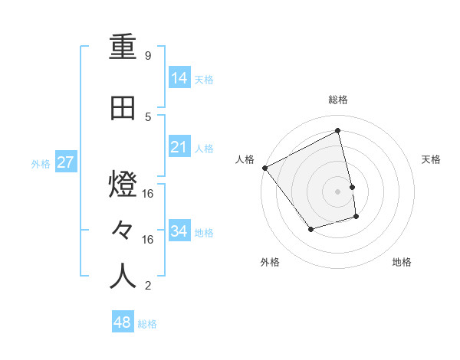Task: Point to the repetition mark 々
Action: pyautogui.click(x=123, y=231)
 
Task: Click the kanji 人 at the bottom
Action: pyautogui.click(x=123, y=276)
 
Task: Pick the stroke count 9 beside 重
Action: pyautogui.click(x=148, y=56)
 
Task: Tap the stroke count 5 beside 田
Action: pyautogui.click(x=148, y=116)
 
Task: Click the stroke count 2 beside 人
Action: pyautogui.click(x=148, y=286)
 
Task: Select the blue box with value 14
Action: pyautogui.click(x=179, y=78)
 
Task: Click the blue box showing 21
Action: pyautogui.click(x=179, y=147)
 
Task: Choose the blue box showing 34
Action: pyautogui.click(x=179, y=231)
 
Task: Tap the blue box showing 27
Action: pyautogui.click(x=65, y=162)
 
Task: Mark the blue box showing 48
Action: pyautogui.click(x=123, y=322)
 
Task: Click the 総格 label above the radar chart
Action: pyautogui.click(x=338, y=100)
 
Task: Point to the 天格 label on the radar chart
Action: pyautogui.click(x=432, y=159)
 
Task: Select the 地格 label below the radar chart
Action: pyautogui.click(x=402, y=262)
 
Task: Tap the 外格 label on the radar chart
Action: pyautogui.click(x=270, y=262)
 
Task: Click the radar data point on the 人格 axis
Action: pyautogui.click(x=264, y=168)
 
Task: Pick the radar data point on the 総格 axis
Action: pyautogui.click(x=338, y=130)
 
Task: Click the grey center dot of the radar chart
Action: pyautogui.click(x=338, y=191)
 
